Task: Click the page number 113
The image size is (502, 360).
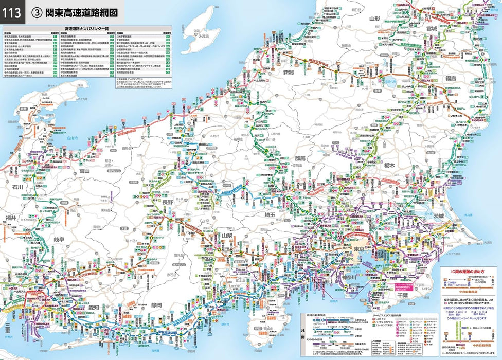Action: (x=12, y=12)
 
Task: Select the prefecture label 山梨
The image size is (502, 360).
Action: (x=228, y=235)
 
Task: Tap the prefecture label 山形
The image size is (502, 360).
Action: (x=374, y=19)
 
